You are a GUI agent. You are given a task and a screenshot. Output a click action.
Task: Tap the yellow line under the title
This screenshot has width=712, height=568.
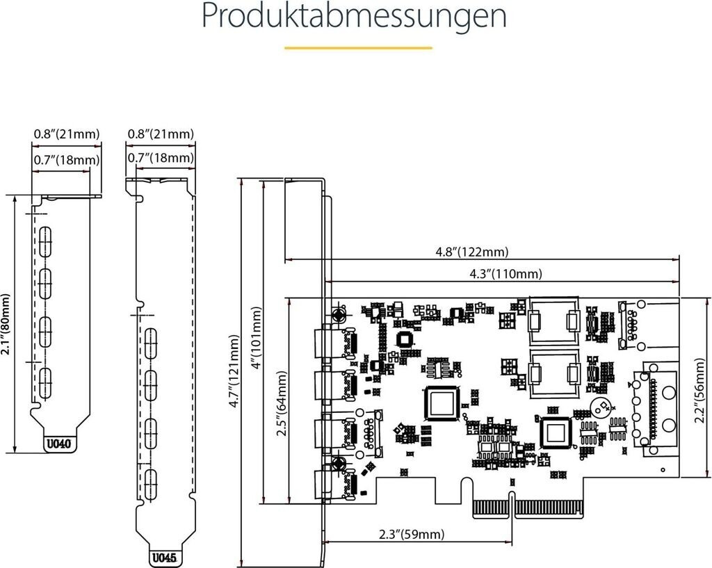[358, 48]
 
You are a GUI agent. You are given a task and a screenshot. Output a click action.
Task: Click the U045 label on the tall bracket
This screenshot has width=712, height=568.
[165, 557]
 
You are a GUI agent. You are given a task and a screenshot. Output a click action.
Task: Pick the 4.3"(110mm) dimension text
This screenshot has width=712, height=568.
[505, 273]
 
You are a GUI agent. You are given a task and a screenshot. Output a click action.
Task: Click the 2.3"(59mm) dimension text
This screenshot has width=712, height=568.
[411, 535]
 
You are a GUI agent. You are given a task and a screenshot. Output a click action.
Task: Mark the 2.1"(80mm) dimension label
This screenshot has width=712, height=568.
[6, 324]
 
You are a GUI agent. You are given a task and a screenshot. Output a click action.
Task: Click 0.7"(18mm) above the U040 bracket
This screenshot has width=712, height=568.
[67, 161]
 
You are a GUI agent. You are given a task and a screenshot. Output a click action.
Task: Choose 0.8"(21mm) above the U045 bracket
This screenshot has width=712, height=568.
[161, 133]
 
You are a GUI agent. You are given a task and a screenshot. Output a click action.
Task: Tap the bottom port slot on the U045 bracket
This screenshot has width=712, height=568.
[151, 483]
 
